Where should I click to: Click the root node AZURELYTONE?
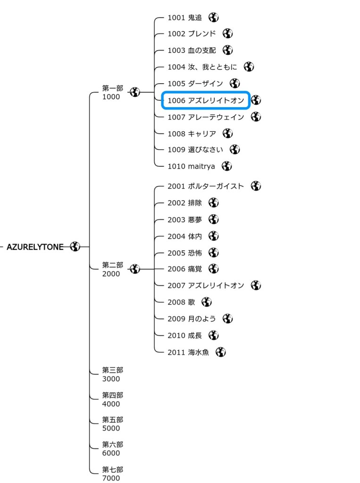tap(35, 246)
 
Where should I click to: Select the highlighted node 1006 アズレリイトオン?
tap(206, 100)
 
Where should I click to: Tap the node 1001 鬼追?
tap(184, 18)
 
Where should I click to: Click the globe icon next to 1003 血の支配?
tap(228, 50)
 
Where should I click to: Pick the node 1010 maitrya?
tap(191, 166)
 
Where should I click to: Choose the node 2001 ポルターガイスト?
tap(206, 186)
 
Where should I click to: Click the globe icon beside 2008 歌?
tap(207, 302)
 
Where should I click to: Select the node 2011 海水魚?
tap(188, 352)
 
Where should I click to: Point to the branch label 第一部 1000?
tap(112, 93)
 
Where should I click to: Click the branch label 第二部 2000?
tap(112, 269)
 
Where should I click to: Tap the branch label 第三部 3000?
tap(112, 374)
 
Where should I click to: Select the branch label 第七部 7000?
tap(112, 474)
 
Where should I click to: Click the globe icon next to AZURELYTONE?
tap(75, 246)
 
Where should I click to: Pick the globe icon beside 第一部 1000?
tap(135, 92)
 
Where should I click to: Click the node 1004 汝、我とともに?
tap(202, 67)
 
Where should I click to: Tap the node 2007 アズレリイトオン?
tap(206, 285)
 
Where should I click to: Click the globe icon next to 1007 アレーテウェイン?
tap(256, 117)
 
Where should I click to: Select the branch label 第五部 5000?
tap(112, 424)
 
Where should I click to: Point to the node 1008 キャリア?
tap(192, 134)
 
